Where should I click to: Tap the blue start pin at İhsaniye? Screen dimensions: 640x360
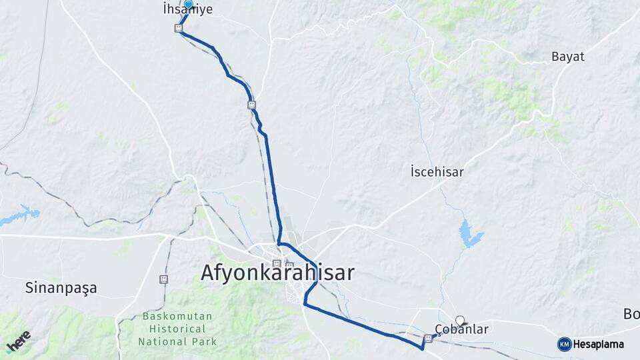click(189, 5)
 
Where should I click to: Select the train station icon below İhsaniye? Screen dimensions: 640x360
click(178, 28)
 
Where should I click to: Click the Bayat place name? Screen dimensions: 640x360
click(567, 57)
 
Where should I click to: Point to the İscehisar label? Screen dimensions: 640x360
click(437, 172)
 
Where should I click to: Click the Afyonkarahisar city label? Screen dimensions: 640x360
click(278, 273)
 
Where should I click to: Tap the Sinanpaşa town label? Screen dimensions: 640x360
click(61, 288)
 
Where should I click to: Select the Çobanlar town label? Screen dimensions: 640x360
click(461, 329)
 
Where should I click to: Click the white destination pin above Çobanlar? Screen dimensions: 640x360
click(459, 319)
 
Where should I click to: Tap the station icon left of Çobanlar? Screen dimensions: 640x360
click(428, 338)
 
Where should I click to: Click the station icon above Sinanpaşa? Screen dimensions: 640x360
click(163, 279)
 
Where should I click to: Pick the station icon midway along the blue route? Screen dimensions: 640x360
click(251, 104)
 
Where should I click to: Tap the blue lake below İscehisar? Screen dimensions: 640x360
click(469, 234)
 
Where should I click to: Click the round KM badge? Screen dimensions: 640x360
click(564, 344)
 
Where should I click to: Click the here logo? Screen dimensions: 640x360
click(18, 341)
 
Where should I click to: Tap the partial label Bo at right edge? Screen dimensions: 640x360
click(631, 313)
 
